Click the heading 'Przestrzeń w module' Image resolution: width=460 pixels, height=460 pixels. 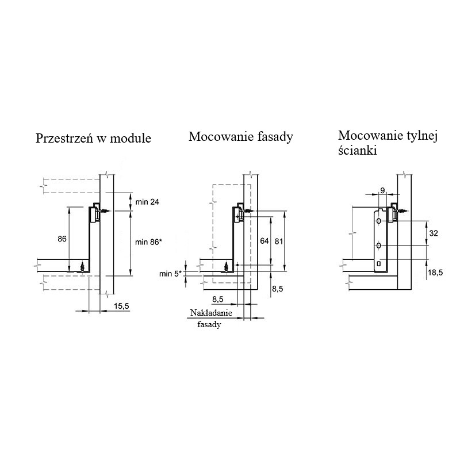pos(93,138)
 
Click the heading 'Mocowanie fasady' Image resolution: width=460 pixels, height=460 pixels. pos(241,137)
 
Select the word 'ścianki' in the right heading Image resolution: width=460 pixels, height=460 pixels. pos(357,151)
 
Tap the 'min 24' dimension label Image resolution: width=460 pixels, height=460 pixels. pos(147,202)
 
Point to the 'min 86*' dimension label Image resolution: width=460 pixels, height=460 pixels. pos(148,242)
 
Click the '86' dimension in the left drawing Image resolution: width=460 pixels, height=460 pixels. pos(62,239)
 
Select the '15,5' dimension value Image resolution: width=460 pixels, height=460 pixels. pos(121,306)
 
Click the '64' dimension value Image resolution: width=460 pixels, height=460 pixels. pos(264,241)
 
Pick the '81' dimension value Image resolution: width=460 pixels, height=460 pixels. pos(279,241)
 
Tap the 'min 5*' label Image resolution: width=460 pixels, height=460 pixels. pos(170,274)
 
